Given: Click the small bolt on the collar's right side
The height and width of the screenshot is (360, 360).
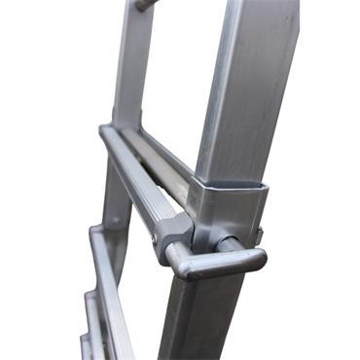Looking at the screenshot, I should click(260, 234).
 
